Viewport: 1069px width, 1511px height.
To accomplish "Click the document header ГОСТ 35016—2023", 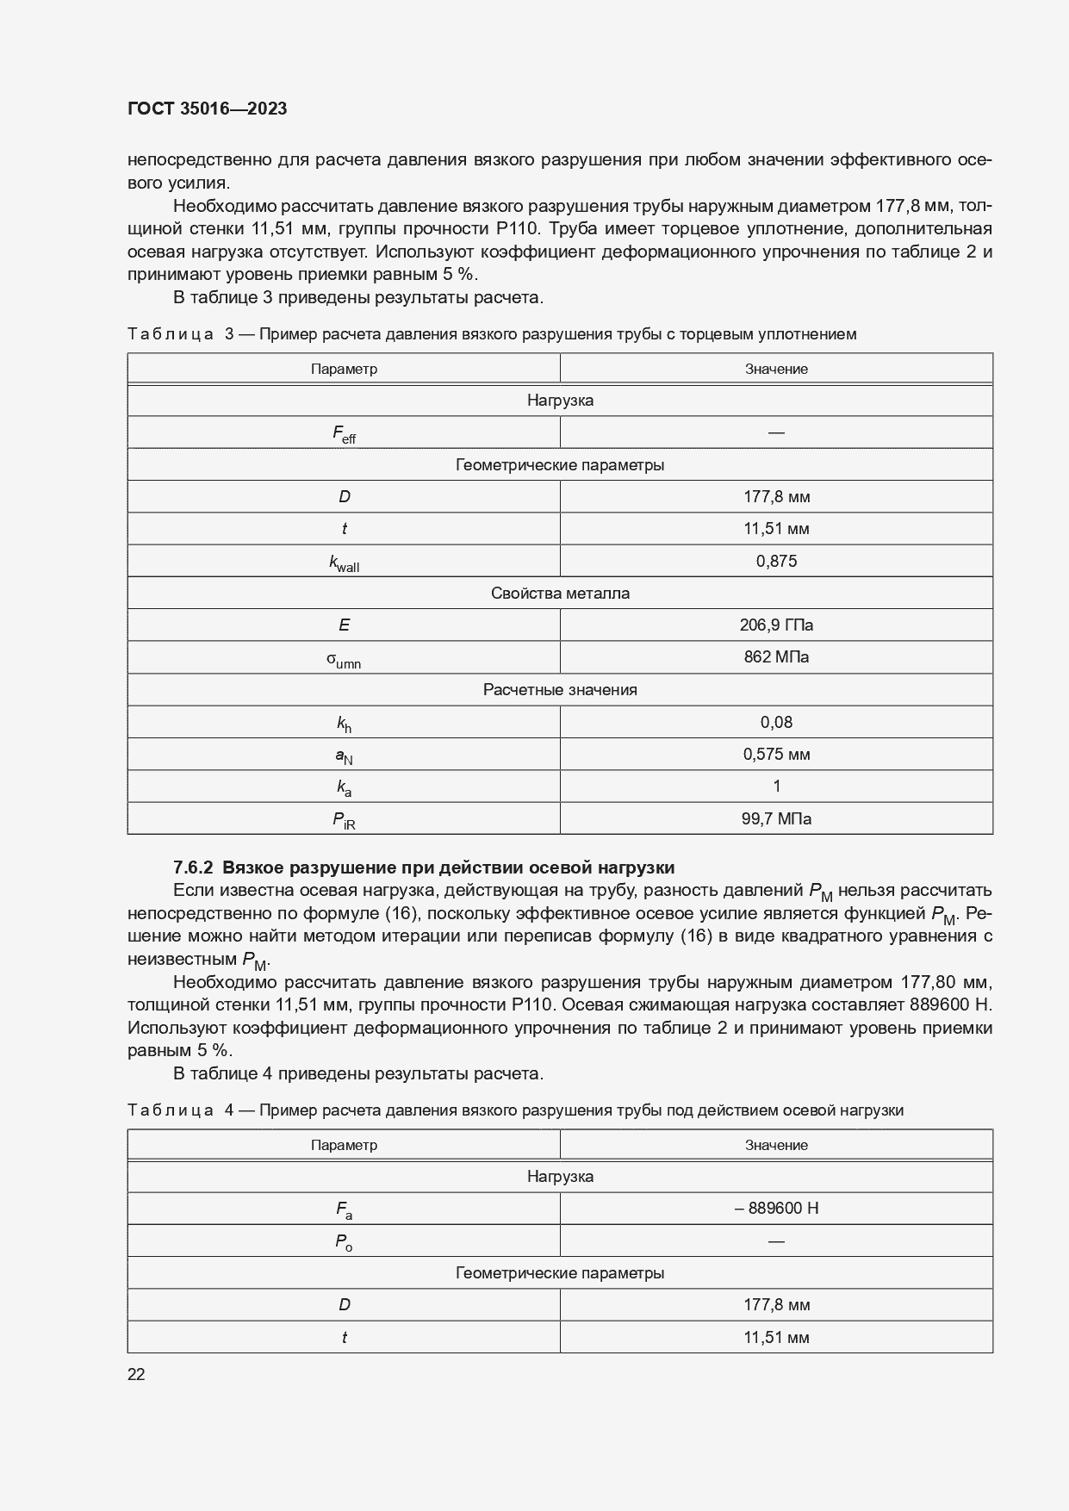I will [x=207, y=109].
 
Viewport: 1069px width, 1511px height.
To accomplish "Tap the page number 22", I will [x=136, y=1374].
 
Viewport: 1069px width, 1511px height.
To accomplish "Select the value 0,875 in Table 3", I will [x=776, y=561].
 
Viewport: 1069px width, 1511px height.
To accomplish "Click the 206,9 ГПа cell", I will [x=776, y=625].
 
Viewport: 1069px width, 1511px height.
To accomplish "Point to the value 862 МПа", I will [x=776, y=656].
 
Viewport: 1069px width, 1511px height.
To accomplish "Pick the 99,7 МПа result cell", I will [x=776, y=818].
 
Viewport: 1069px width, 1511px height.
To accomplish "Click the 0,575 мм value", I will [x=776, y=754].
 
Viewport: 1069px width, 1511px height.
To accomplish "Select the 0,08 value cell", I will [x=776, y=722].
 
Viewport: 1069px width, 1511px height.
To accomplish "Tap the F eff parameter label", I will [x=344, y=433].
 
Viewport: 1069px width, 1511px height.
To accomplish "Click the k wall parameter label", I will [x=344, y=563].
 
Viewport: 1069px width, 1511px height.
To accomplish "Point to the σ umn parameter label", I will [x=344, y=659].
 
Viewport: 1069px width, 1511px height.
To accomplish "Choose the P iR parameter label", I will [x=344, y=820].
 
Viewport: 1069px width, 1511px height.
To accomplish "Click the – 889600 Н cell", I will [x=776, y=1208].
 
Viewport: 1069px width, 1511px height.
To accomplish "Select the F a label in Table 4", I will [x=344, y=1209].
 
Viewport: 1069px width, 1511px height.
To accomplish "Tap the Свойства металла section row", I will [x=560, y=593].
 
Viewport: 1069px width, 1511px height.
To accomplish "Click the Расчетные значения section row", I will [x=560, y=689].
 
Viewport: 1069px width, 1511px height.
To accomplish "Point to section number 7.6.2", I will [x=194, y=867].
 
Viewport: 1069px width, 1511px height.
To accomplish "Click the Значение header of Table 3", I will [x=776, y=369].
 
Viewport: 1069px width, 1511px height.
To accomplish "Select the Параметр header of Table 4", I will [x=344, y=1145].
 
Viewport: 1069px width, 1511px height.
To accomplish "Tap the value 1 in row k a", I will [x=776, y=786].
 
